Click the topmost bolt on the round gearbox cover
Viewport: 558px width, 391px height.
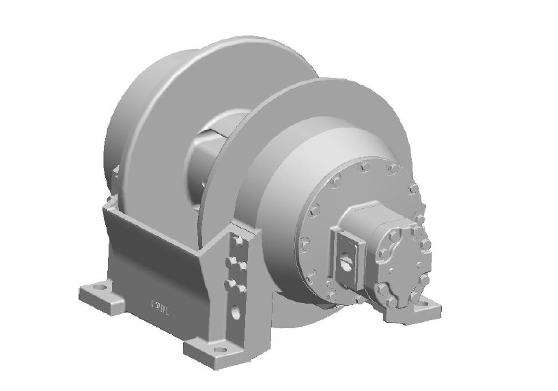(x=364, y=166)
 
